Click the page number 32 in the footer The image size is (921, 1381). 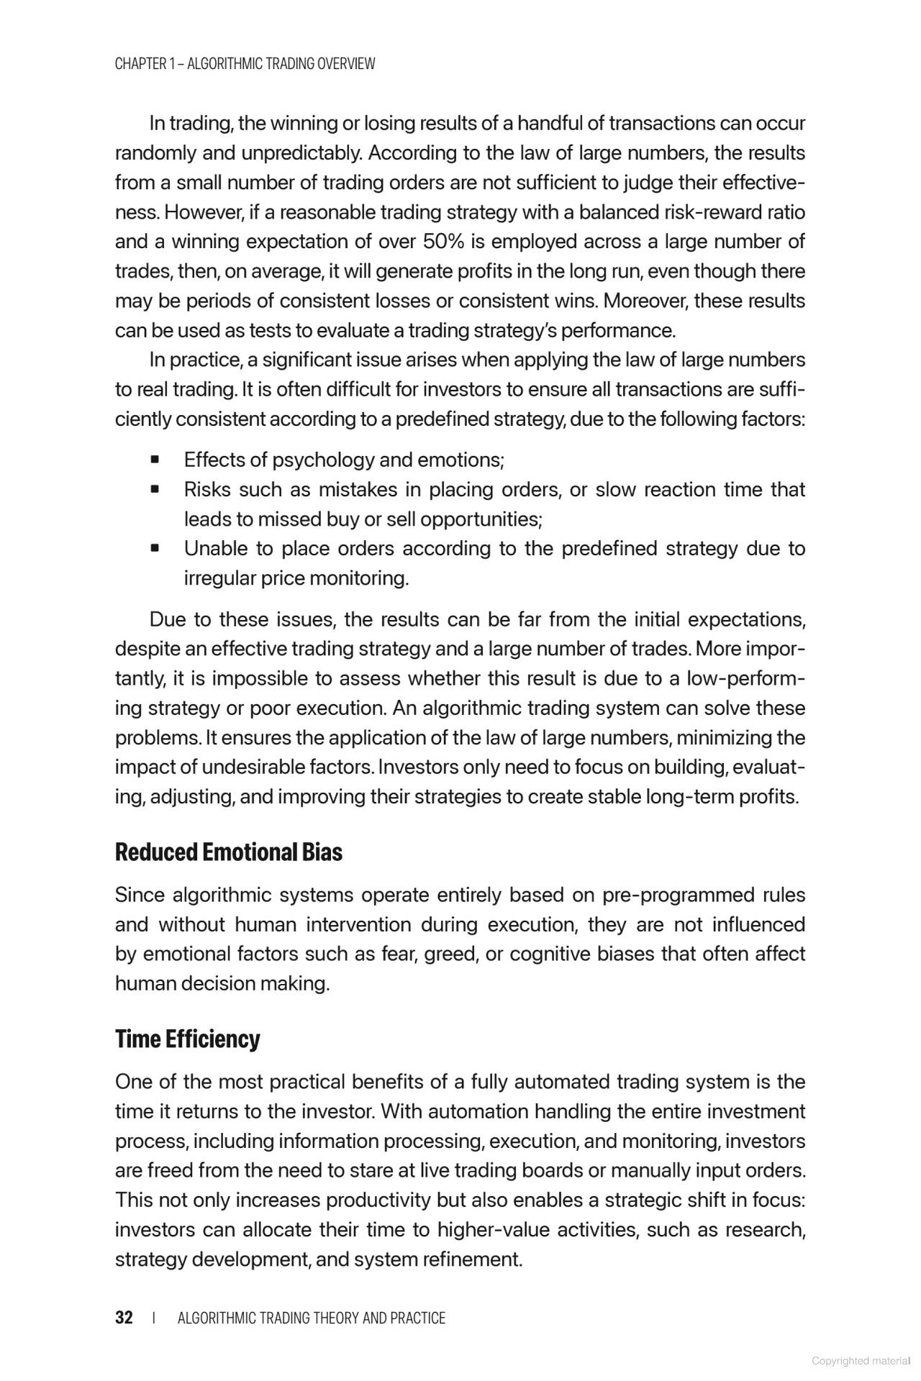pos(124,1318)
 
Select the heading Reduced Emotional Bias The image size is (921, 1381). pos(228,852)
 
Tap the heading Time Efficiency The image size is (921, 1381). pos(187,1039)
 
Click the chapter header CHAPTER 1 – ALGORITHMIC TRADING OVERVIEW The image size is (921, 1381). pos(245,63)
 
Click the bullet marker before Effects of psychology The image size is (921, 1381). pos(154,460)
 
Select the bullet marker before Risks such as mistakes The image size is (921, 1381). pos(154,490)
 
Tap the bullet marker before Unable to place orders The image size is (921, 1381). pos(154,549)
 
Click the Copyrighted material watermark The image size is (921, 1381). pos(861,1361)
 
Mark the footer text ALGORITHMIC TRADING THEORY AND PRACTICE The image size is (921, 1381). pos(311,1318)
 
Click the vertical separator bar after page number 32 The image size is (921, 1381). pos(155,1318)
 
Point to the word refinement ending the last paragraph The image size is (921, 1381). pos(471,1259)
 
